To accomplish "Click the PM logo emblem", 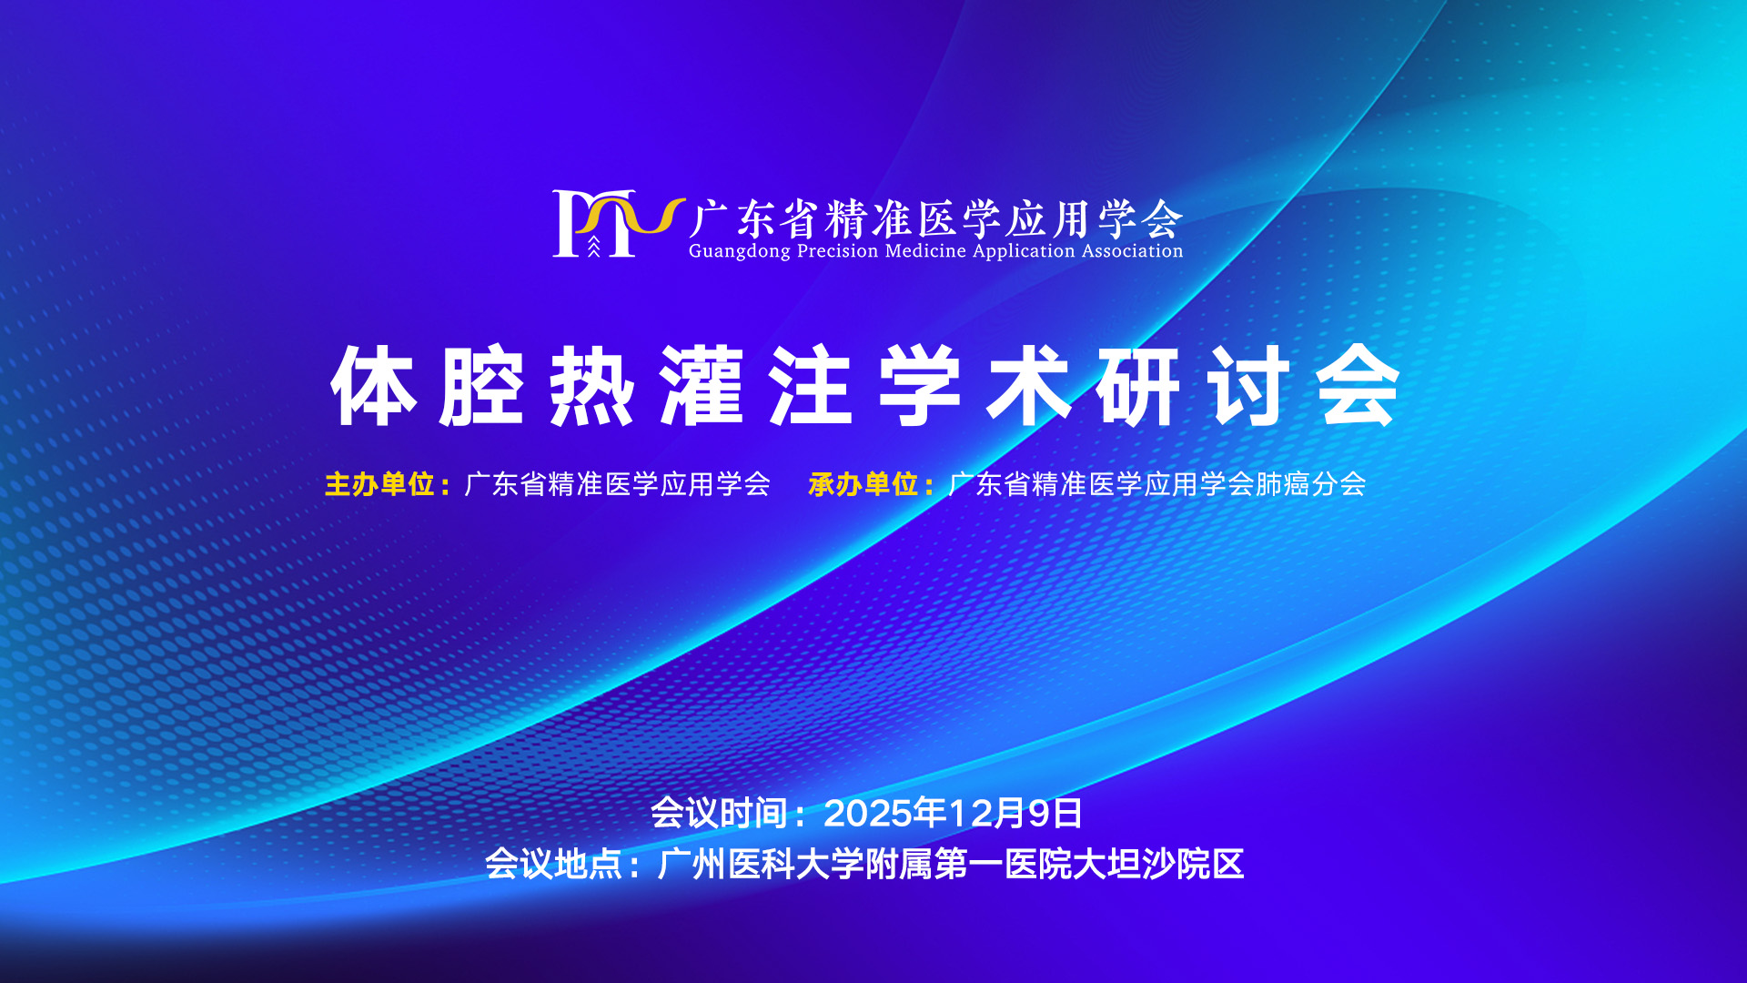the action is tap(618, 223).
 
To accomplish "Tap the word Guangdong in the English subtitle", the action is tap(740, 251).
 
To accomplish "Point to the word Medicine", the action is tap(925, 250).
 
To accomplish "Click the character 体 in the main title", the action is tap(373, 386).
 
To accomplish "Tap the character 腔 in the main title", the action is tap(482, 386).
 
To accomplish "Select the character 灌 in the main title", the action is tap(702, 386).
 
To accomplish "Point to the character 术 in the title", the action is tap(1029, 386).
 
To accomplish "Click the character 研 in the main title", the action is tap(1139, 386).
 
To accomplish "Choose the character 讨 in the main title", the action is tap(1248, 386).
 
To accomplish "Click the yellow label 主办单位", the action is tap(379, 484).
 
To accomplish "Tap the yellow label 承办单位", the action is tap(863, 484).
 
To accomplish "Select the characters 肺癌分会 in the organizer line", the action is tap(1311, 484).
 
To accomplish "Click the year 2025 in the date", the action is tap(868, 814).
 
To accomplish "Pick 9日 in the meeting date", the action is tap(1055, 814).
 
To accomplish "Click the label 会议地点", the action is tap(553, 864).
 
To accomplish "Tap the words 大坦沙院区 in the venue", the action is tap(1157, 864).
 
